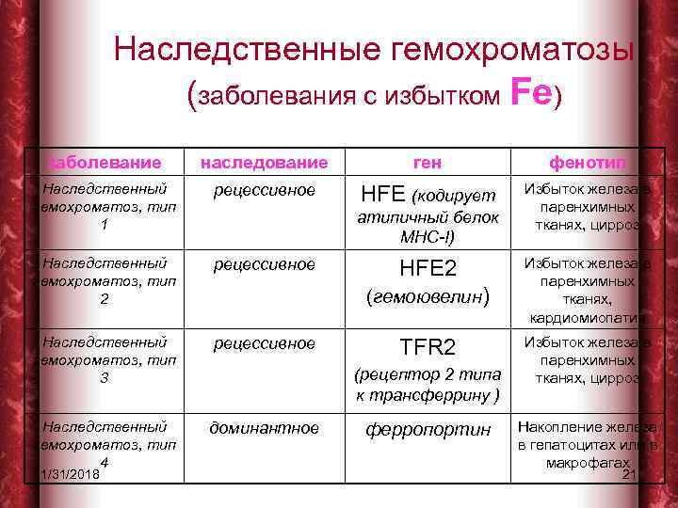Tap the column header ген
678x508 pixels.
(428, 163)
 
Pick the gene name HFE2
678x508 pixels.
(428, 269)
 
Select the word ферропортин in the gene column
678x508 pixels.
(428, 429)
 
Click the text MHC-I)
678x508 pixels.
(428, 236)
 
